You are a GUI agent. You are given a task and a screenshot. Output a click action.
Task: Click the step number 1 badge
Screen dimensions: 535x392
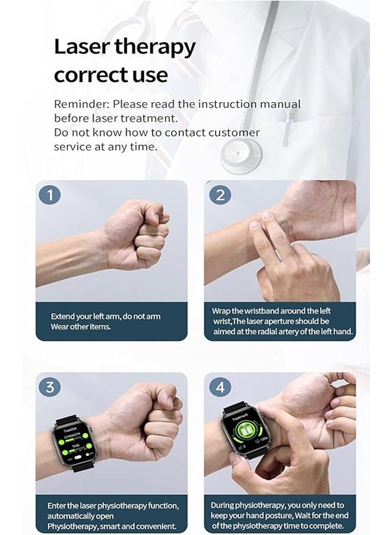click(50, 194)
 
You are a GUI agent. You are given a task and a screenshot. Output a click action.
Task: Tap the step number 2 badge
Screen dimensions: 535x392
click(220, 194)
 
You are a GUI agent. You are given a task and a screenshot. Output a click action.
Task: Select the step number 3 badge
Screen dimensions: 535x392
click(50, 387)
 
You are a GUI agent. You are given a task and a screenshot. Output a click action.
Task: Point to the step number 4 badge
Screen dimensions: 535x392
click(220, 387)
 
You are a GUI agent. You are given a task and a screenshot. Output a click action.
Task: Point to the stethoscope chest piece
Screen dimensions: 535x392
click(240, 153)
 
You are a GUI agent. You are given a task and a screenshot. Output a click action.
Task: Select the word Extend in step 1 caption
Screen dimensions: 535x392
click(64, 316)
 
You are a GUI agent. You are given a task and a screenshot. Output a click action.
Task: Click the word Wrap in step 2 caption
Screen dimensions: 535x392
click(222, 310)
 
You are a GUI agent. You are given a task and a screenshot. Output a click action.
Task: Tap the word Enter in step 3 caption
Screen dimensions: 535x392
click(58, 505)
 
